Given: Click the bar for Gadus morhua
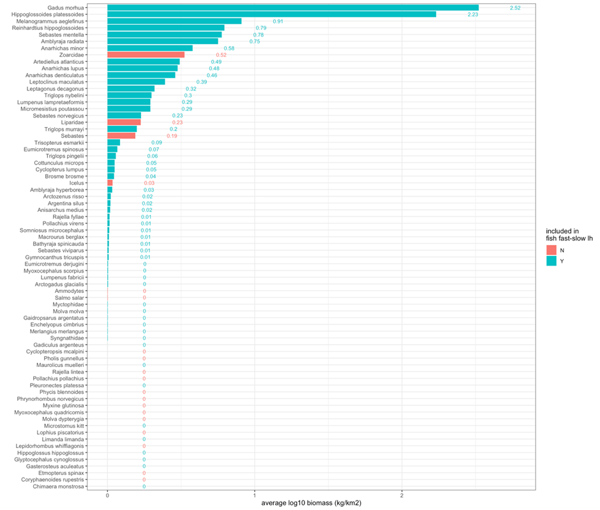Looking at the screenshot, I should (x=292, y=8).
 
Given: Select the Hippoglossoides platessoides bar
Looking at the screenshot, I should (x=271, y=14).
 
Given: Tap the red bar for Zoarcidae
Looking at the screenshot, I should (x=146, y=55).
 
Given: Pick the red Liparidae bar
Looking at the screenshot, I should (x=124, y=122).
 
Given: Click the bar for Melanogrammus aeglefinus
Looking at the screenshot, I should (x=174, y=21).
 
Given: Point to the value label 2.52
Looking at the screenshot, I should (x=515, y=8).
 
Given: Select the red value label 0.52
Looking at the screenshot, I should (x=221, y=55).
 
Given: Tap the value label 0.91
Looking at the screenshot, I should (x=278, y=21).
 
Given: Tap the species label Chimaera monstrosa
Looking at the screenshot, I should (x=60, y=486).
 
